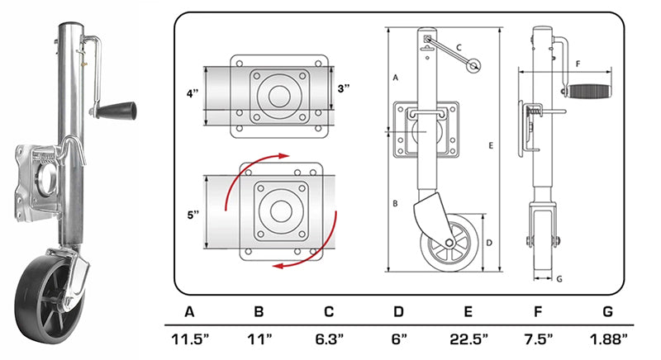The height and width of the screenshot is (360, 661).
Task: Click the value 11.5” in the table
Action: click(x=190, y=338)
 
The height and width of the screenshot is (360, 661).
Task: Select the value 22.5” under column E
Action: click(x=468, y=338)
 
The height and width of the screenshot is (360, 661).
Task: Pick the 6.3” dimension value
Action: click(x=329, y=338)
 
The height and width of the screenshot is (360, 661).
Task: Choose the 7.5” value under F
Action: click(x=538, y=338)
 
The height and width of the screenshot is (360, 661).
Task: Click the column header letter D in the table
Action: click(x=398, y=312)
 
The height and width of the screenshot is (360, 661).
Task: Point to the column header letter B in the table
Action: click(x=259, y=312)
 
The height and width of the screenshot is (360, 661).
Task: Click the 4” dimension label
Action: click(x=192, y=93)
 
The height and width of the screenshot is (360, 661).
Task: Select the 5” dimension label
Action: click(x=193, y=216)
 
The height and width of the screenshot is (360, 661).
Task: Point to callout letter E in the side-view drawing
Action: click(x=491, y=145)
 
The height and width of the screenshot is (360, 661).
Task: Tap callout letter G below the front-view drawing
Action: click(x=559, y=278)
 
